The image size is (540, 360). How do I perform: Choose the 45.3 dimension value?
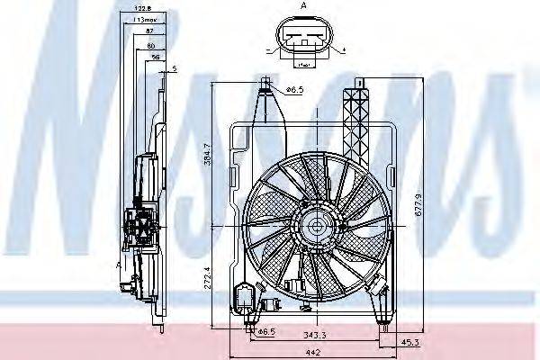click(409, 341)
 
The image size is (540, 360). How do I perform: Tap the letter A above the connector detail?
click(302, 6)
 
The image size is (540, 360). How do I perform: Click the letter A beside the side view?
click(119, 265)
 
